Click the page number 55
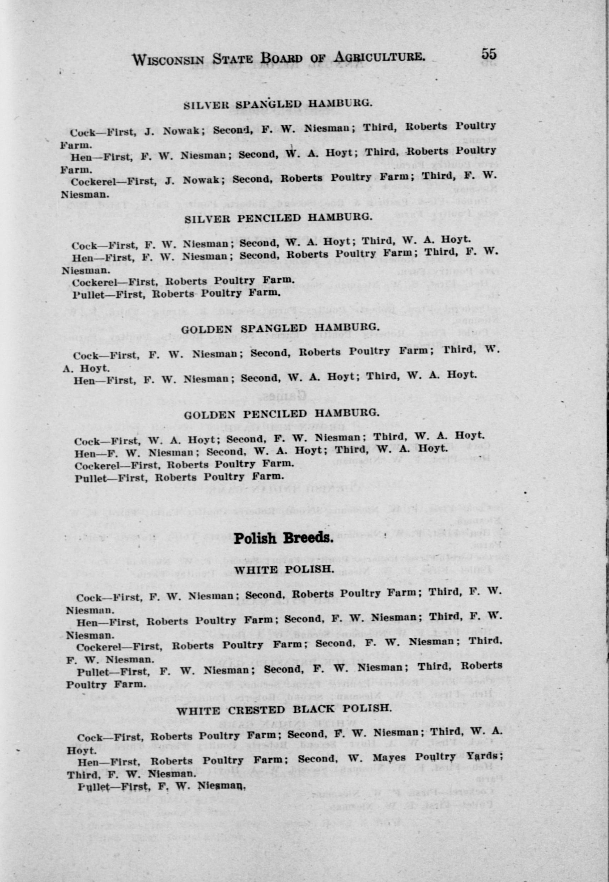coord(489,54)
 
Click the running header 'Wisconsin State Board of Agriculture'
coord(278,58)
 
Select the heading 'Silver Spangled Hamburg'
coord(277,104)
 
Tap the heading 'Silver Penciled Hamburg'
coord(278,218)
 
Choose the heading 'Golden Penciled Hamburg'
coord(282,413)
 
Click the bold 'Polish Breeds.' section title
coord(283,538)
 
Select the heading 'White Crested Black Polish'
coord(284,699)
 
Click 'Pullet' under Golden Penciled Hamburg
coord(90,478)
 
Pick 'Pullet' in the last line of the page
coord(94,776)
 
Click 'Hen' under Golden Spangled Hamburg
coord(84,380)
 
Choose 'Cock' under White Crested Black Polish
coord(90,727)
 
